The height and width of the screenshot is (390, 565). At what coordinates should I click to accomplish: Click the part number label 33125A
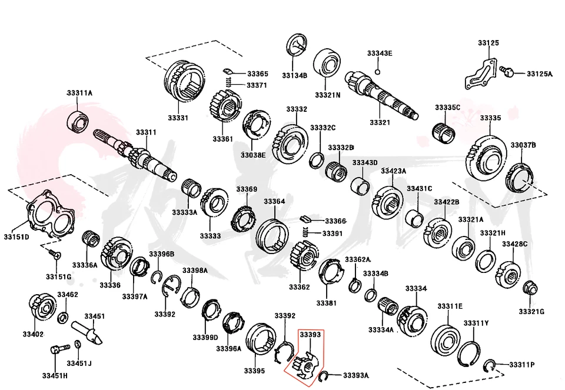pos(539,74)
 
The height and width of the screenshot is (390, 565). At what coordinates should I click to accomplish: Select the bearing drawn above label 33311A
pos(77,121)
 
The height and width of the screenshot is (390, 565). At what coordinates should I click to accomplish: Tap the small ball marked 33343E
pos(378,73)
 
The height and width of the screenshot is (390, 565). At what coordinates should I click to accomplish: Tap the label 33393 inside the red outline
pos(310,335)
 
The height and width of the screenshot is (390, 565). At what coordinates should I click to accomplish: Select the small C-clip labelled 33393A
pos(323,375)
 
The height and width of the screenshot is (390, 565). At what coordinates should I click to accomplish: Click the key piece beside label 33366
pos(305,219)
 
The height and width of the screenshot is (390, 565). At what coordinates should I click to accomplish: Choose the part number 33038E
pos(253,155)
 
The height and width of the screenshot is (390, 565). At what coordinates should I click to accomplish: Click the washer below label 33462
pos(63,318)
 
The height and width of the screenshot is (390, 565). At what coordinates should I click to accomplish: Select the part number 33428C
pos(514,244)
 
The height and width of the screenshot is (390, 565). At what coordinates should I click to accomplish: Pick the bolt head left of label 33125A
pos(507,72)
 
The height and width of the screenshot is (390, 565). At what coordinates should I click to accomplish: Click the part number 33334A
pos(381,329)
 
